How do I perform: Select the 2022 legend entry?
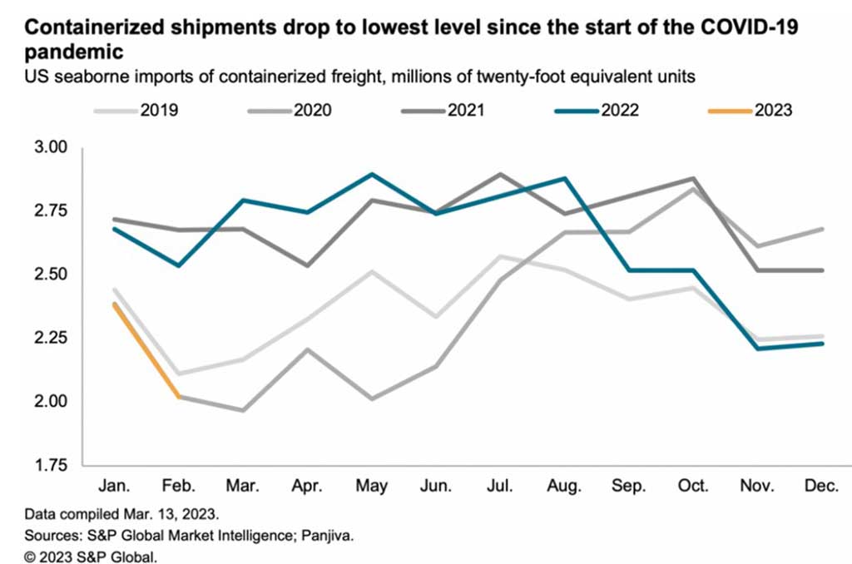pyautogui.click(x=614, y=111)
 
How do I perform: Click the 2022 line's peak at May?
pyautogui.click(x=372, y=175)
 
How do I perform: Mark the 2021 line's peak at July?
pyautogui.click(x=499, y=175)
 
